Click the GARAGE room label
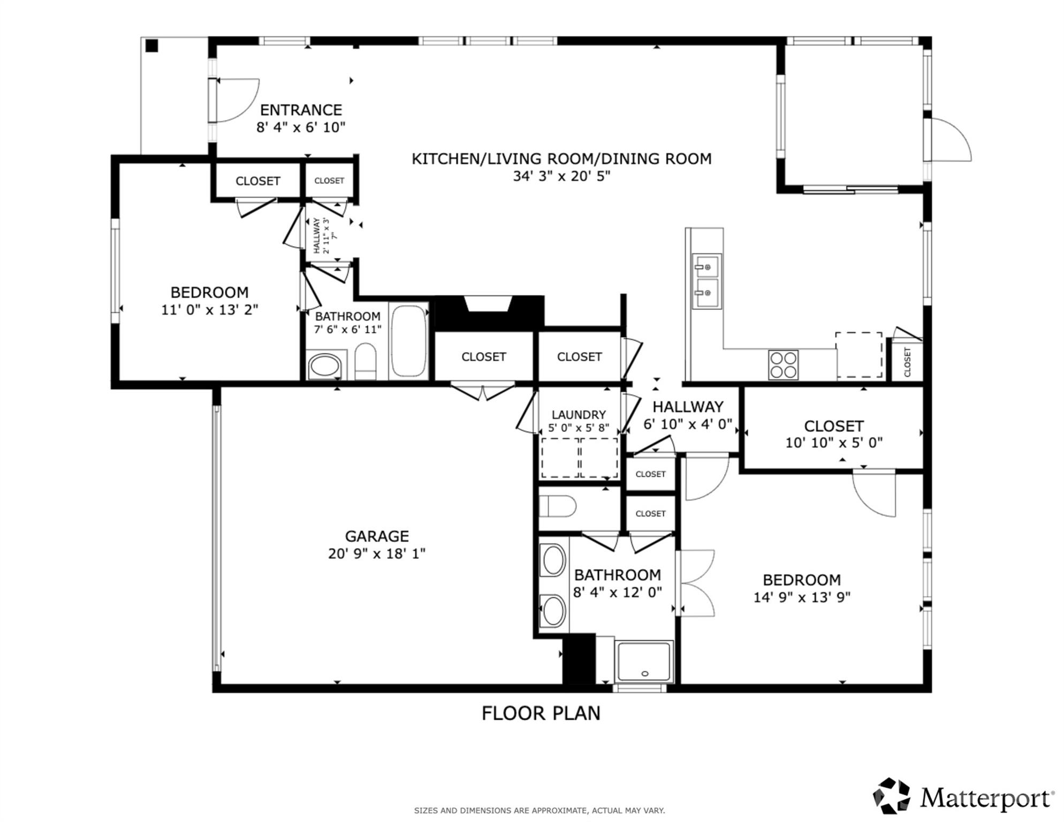coord(377,536)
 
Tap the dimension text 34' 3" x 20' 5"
coord(561,176)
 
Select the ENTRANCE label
coord(301,110)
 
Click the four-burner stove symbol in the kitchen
coord(783,365)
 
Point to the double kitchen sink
coord(706,281)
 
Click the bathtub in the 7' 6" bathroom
coord(409,341)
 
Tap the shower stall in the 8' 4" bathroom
coord(644,661)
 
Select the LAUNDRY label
coord(579,415)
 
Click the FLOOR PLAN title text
coord(541,713)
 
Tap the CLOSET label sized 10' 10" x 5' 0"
coord(833,426)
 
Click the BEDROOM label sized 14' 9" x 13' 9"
coord(801,580)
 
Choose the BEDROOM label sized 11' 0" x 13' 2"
coord(209,293)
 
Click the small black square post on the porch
coord(152,46)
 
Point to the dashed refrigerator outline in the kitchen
coord(858,354)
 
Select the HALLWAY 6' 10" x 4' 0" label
coord(688,407)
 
